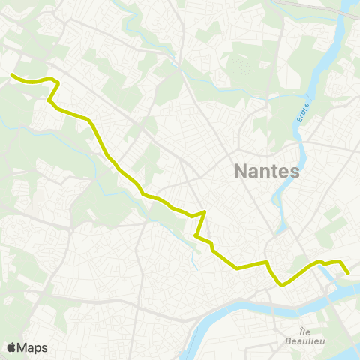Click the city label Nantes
pyautogui.click(x=267, y=171)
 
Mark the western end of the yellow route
pyautogui.click(x=11, y=74)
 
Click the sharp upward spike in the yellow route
pyautogui.click(x=204, y=212)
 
